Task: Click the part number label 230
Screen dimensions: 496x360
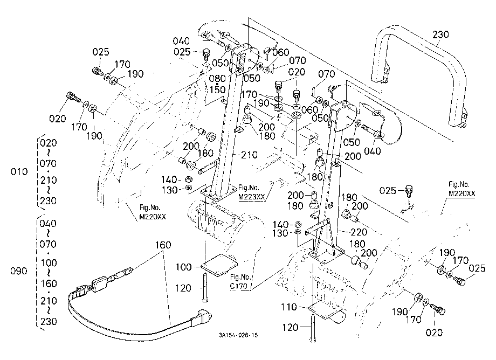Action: (440, 34)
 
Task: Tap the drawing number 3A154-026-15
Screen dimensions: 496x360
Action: (238, 335)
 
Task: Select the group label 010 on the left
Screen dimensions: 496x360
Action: (19, 172)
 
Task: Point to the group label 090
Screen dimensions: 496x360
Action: (19, 271)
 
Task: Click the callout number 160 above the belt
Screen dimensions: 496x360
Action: (163, 245)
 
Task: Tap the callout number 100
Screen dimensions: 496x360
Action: (184, 267)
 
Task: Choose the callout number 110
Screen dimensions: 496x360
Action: (289, 307)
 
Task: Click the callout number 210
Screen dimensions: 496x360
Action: (249, 155)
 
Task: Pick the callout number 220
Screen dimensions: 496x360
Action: (359, 232)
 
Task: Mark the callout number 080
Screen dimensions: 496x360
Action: (217, 78)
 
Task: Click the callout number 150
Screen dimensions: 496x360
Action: (217, 90)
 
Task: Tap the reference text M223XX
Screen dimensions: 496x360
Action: (251, 197)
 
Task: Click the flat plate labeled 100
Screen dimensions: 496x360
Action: (219, 265)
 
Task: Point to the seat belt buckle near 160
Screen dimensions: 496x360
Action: (100, 283)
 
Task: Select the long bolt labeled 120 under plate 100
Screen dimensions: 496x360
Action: (204, 288)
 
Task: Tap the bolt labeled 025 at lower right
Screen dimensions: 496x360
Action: (460, 280)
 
